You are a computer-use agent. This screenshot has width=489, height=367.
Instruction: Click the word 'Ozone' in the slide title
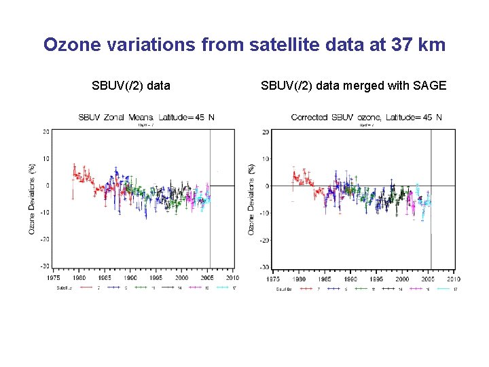70,45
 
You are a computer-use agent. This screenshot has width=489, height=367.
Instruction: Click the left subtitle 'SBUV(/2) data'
131,86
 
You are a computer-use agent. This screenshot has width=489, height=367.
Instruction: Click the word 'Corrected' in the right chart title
310,117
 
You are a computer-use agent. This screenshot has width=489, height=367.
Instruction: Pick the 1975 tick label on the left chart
54,278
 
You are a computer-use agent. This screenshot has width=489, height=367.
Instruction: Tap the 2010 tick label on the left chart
233,278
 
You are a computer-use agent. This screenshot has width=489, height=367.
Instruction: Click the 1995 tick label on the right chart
376,279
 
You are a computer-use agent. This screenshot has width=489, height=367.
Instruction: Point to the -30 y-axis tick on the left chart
44,266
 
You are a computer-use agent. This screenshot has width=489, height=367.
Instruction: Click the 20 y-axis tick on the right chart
265,132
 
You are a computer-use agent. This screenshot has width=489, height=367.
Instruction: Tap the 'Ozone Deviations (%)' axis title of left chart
32,198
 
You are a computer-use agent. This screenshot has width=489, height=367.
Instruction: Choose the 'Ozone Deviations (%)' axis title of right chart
252,199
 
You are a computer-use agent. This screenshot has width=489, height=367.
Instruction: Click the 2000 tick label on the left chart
182,278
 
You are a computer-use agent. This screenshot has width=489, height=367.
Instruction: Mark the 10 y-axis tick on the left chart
46,158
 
